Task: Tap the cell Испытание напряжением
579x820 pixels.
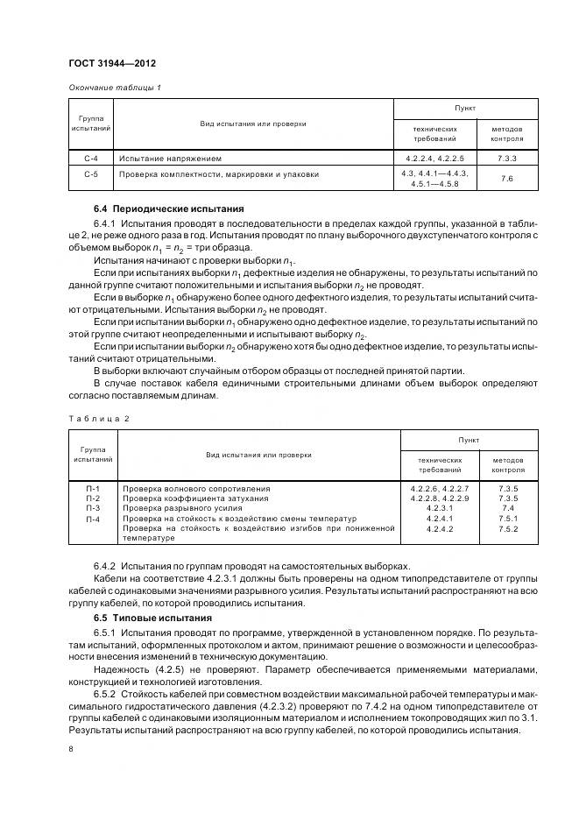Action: [171, 159]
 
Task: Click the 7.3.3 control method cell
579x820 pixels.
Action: [507, 159]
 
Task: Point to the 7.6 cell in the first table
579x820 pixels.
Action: [507, 179]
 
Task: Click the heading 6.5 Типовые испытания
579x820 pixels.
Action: [153, 619]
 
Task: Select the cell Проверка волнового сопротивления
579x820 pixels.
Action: [196, 487]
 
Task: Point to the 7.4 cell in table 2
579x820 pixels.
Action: [507, 507]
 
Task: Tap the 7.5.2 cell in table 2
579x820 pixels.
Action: [507, 528]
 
